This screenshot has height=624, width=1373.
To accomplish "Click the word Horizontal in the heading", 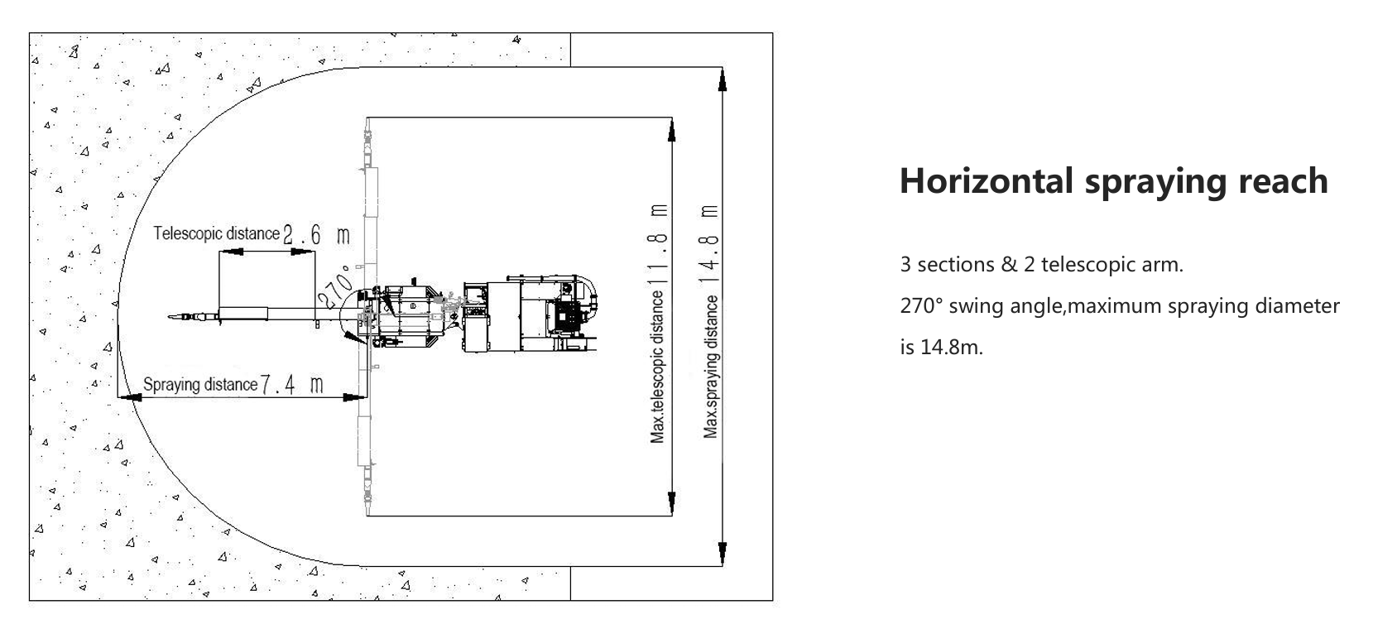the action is (987, 180).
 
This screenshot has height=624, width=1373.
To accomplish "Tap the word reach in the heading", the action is (1284, 182).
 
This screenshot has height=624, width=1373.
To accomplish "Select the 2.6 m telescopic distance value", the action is (316, 235).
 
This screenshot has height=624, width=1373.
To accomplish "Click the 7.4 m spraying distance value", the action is (292, 385).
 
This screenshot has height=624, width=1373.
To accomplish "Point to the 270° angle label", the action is (336, 286).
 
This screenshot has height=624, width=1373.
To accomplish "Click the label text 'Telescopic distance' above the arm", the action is (216, 233).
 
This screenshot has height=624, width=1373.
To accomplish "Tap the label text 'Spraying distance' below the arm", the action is (200, 384).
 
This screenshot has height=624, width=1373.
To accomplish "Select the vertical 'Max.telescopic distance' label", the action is (657, 367).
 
